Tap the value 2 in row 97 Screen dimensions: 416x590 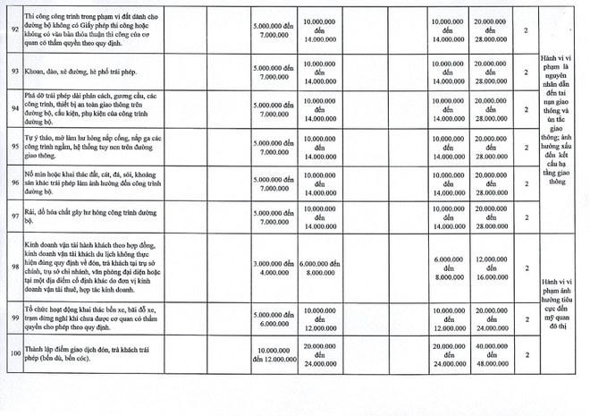pyautogui.click(x=527, y=216)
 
